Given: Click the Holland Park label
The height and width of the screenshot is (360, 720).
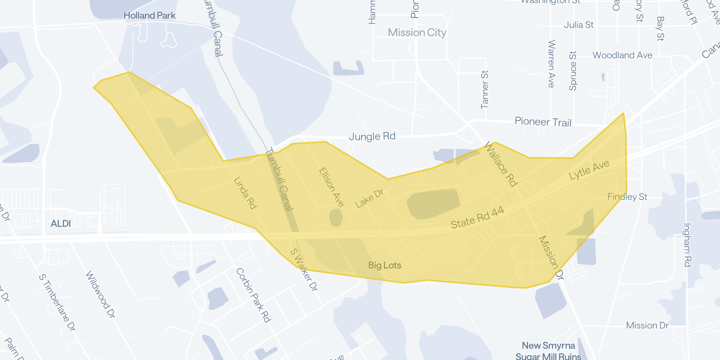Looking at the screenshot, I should pyautogui.click(x=150, y=16).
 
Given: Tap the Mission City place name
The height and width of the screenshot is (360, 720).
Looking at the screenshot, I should pyautogui.click(x=417, y=32).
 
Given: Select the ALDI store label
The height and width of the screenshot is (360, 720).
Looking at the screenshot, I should pyautogui.click(x=61, y=224).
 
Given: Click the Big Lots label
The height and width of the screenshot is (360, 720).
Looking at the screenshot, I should pyautogui.click(x=384, y=265).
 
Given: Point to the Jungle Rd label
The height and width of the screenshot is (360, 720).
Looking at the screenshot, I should pyautogui.click(x=372, y=136).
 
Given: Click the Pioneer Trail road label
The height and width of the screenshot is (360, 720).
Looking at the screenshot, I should pyautogui.click(x=543, y=122).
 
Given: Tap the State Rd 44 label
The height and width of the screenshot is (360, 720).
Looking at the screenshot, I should pyautogui.click(x=477, y=218).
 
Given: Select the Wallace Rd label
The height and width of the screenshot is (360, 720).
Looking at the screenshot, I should pyautogui.click(x=501, y=164).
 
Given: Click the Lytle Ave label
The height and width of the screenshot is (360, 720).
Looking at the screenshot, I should pyautogui.click(x=589, y=170).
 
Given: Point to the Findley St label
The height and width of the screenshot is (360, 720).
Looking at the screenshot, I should pyautogui.click(x=627, y=197).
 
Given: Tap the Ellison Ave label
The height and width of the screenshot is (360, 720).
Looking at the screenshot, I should pyautogui.click(x=331, y=187).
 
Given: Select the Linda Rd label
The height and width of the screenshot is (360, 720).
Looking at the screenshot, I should pyautogui.click(x=245, y=193).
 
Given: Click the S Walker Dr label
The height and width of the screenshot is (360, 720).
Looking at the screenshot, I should pyautogui.click(x=304, y=270).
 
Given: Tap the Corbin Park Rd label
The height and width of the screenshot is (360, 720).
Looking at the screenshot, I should pyautogui.click(x=253, y=295).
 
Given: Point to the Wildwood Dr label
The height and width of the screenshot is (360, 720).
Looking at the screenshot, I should pyautogui.click(x=100, y=294).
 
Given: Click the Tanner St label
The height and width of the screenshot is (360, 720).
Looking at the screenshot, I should pyautogui.click(x=484, y=90).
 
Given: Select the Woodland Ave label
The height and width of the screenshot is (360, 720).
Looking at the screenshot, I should pyautogui.click(x=622, y=55).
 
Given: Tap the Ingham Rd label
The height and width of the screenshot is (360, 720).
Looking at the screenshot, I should pyautogui.click(x=687, y=245).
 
